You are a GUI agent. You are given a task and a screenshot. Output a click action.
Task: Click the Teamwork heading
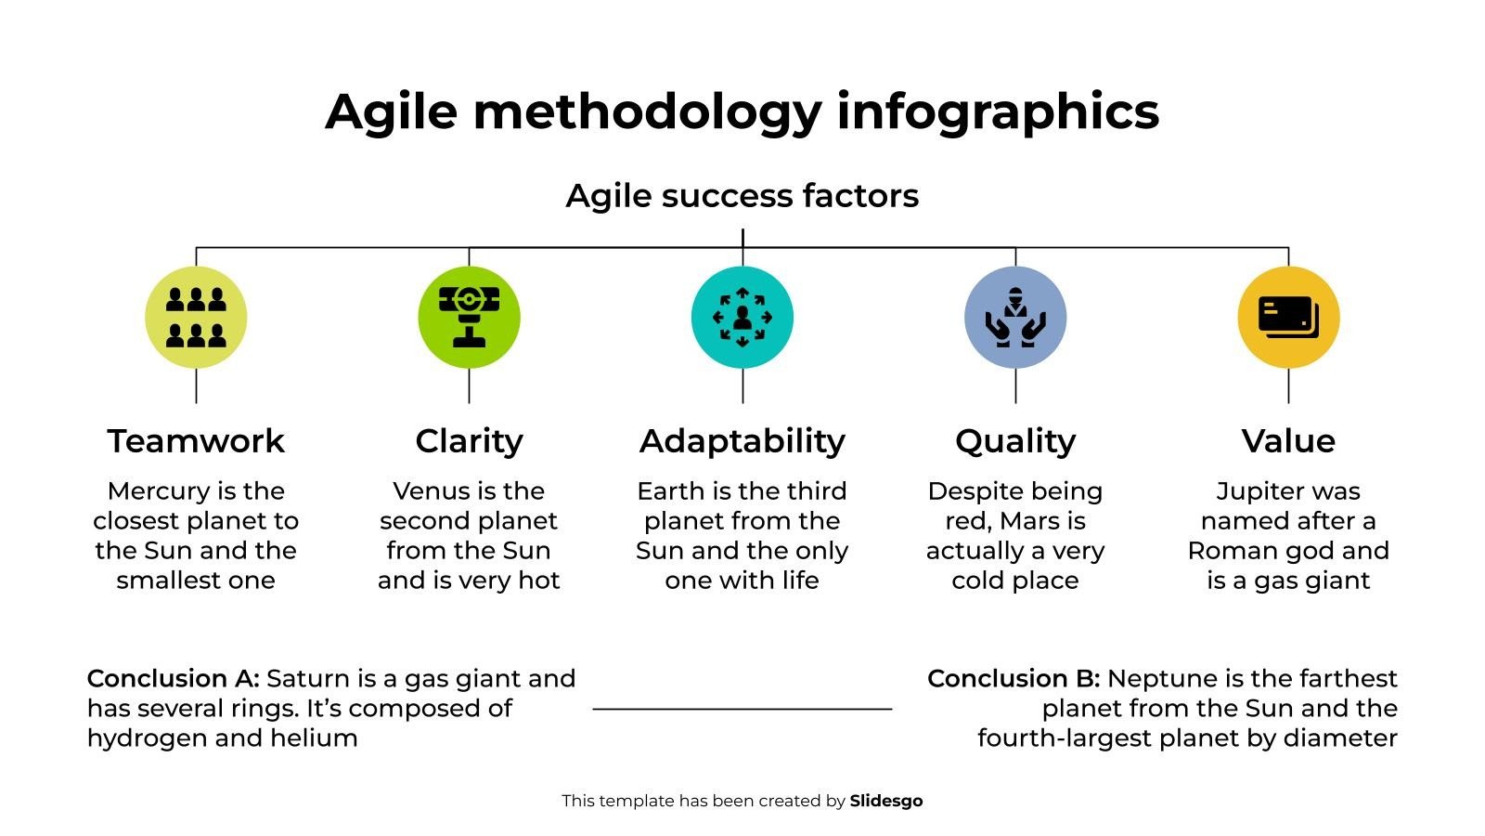[x=196, y=441]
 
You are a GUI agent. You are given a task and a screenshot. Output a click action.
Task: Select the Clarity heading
[x=469, y=442]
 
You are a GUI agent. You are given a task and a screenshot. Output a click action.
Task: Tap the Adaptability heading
[x=742, y=442]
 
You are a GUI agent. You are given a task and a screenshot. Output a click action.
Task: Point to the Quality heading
[x=1015, y=442]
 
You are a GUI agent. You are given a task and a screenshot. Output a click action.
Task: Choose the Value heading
[x=1288, y=441]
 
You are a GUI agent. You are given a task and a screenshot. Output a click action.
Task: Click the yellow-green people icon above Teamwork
[x=196, y=317]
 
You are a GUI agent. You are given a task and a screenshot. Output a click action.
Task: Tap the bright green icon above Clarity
[x=469, y=317]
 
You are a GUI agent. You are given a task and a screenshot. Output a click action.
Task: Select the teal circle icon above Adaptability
[x=742, y=317]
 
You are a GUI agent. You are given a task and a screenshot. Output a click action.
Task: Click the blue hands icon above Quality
[x=1015, y=317]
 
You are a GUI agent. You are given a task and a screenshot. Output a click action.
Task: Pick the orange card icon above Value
[x=1288, y=317]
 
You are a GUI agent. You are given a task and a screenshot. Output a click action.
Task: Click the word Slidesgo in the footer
[x=886, y=801]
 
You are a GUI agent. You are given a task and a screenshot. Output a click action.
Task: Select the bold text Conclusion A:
[x=173, y=679]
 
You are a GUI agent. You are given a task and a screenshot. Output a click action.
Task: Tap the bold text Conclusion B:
[x=1014, y=679]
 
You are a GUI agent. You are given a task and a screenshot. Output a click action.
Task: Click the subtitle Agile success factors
[x=742, y=196]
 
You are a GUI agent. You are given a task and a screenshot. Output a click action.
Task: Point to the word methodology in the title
[x=648, y=112]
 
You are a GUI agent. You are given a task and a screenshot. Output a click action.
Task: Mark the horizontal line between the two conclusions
[x=742, y=710]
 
